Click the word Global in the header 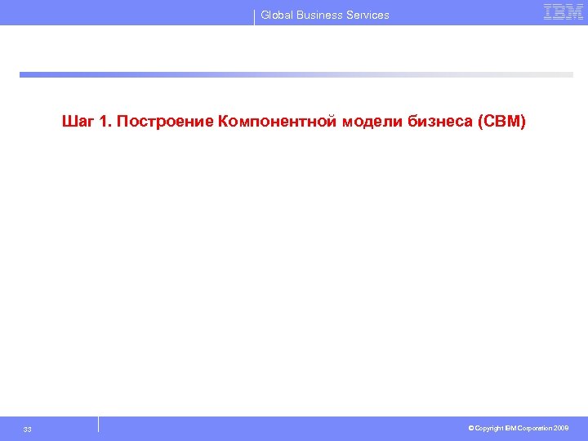point(277,15)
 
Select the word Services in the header point(368,15)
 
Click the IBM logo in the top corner point(563,12)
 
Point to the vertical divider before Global point(255,16)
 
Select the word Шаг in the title point(78,122)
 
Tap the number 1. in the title point(105,122)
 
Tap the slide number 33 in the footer point(28,430)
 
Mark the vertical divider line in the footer point(98,424)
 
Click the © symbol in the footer point(471,428)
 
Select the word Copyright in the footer point(488,428)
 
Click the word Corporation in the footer point(533,428)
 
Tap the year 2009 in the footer point(561,428)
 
